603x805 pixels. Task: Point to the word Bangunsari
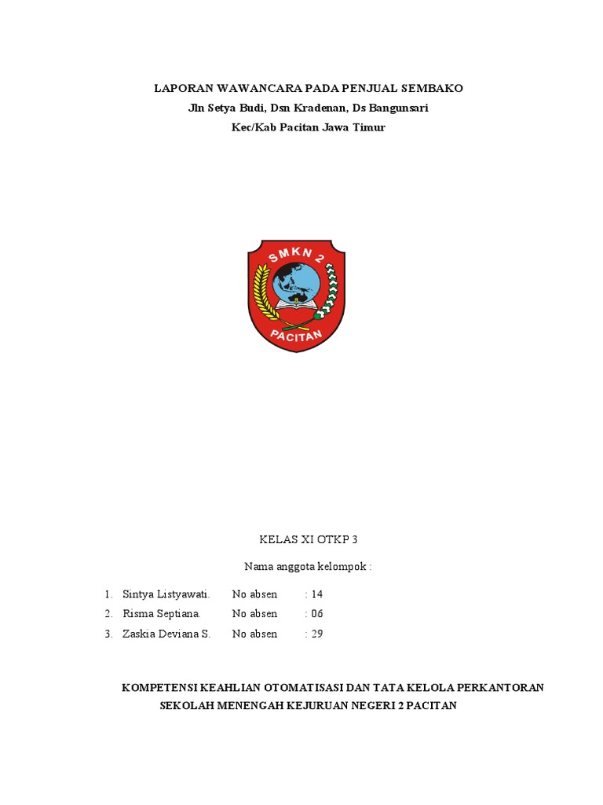click(x=399, y=108)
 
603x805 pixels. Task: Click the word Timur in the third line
click(x=370, y=127)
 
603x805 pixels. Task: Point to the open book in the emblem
click(x=296, y=308)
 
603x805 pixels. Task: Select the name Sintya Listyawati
click(x=166, y=594)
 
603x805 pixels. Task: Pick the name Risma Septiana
click(x=162, y=614)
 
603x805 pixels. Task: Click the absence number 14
click(x=316, y=594)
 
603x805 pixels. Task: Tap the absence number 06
click(x=316, y=614)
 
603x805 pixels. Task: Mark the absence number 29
click(x=316, y=634)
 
